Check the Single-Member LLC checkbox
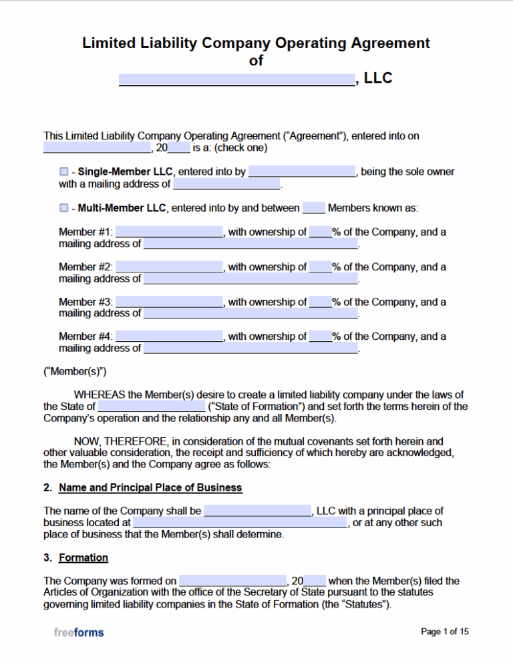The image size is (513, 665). tap(63, 172)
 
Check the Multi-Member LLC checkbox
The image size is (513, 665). tap(63, 208)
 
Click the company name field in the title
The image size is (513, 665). tap(236, 79)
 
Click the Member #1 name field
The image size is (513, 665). tap(169, 232)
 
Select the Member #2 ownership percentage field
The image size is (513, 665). tap(321, 267)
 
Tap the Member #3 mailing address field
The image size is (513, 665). tap(250, 313)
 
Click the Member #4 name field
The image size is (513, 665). tap(169, 337)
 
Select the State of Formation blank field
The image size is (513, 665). tap(152, 407)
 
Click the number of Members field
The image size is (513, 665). tap(313, 208)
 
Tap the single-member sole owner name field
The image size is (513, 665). tap(303, 172)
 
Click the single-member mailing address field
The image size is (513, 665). tap(226, 184)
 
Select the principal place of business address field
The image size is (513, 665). tap(240, 523)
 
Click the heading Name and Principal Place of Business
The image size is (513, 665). tap(150, 488)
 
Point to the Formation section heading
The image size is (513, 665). tap(83, 558)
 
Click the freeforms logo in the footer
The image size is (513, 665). tap(79, 632)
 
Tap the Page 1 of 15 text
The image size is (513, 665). tap(445, 632)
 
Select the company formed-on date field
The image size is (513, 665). tap(232, 582)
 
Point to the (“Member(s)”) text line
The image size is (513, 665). tap(75, 371)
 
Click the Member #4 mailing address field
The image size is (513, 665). tap(250, 348)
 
